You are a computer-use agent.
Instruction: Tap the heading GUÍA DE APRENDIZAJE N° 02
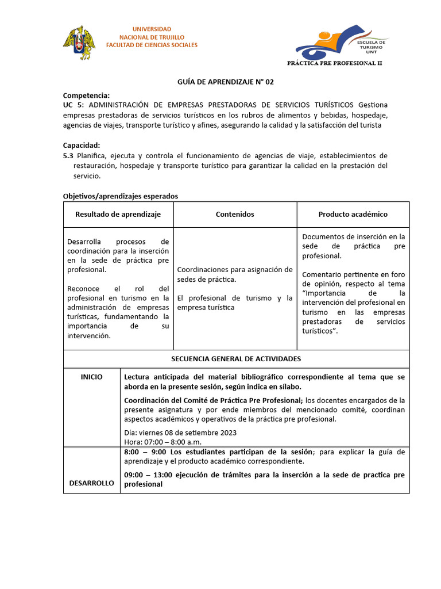coord(225,82)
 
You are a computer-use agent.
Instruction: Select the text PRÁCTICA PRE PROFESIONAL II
coord(335,63)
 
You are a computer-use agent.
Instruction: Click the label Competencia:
coord(86,95)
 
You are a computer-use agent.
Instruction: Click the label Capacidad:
coord(82,146)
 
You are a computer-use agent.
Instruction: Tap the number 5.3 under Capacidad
coord(68,155)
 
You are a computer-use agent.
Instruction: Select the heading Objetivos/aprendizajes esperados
coord(120,196)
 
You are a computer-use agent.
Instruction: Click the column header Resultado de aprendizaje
coord(118,214)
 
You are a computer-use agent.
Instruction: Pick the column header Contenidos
coord(235,214)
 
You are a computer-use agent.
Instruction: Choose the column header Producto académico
coord(353,214)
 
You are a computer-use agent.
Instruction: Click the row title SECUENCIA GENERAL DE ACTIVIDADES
coord(236,358)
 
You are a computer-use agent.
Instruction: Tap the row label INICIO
coord(91,377)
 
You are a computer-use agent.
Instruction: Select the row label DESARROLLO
coord(91,483)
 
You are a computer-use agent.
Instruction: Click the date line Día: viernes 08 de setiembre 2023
coord(180,433)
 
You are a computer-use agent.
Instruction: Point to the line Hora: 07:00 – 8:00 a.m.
coord(163,442)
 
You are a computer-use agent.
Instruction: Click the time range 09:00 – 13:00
coord(146,475)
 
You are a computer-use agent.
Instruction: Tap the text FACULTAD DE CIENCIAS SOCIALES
coord(152,45)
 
